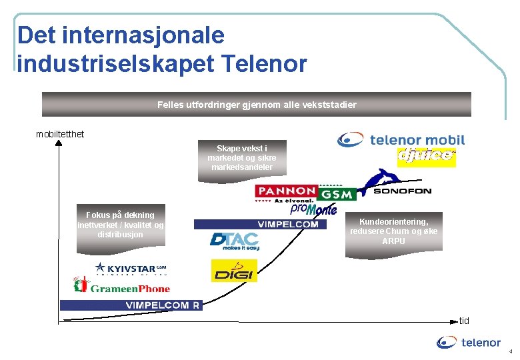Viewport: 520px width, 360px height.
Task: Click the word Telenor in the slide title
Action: (262, 64)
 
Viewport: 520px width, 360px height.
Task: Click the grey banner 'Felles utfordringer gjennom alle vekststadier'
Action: (257, 105)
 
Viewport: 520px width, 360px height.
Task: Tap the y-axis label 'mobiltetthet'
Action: (60, 134)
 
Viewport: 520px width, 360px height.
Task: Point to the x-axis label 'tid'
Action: (464, 321)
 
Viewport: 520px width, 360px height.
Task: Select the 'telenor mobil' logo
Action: (401, 140)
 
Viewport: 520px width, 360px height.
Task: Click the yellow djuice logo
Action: (426, 157)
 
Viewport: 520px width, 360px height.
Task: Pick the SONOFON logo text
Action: (402, 191)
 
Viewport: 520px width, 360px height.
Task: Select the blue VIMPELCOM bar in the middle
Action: (261, 224)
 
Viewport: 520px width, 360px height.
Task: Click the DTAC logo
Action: (234, 241)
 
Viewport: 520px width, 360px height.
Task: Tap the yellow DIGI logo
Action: (234, 271)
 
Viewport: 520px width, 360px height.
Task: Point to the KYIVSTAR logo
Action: (131, 268)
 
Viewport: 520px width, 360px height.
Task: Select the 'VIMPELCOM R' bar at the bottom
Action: (131, 305)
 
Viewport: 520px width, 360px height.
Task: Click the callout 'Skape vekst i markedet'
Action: (242, 158)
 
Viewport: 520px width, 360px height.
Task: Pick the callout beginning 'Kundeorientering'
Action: (393, 231)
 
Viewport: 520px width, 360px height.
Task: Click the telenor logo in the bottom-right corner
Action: (469, 343)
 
